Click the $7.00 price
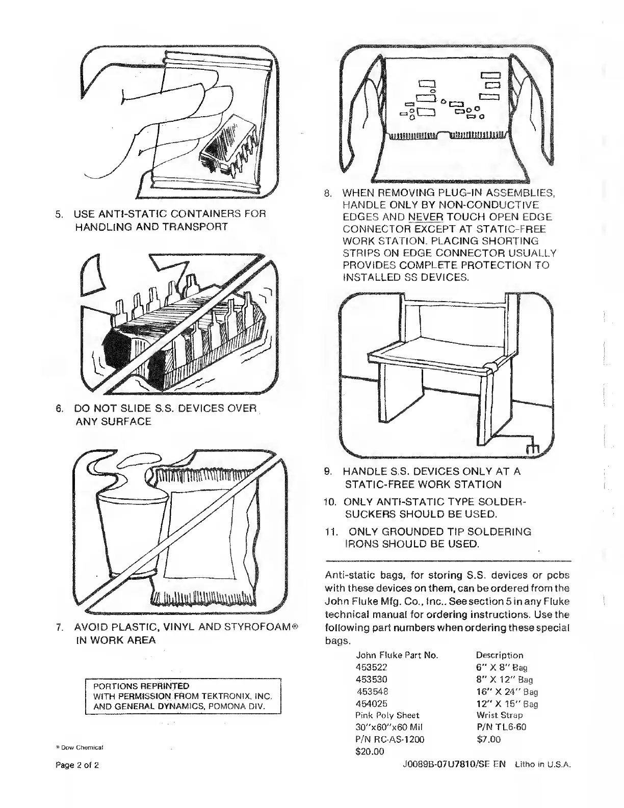pyautogui.click(x=488, y=739)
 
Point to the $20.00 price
pyautogui.click(x=369, y=751)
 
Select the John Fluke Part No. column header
pyautogui.click(x=397, y=655)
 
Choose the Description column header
pyautogui.click(x=499, y=655)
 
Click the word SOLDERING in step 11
pyautogui.click(x=499, y=532)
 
